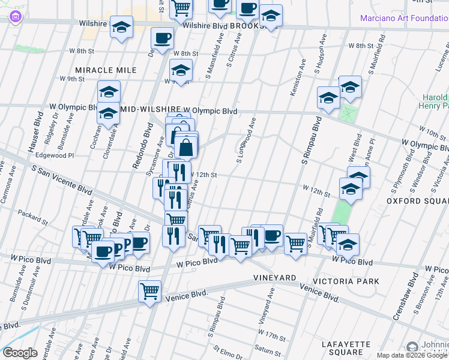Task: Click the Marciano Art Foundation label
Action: (404, 18)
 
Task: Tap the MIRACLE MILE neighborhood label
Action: (106, 70)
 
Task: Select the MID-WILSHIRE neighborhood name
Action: (151, 111)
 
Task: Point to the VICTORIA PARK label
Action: (349, 281)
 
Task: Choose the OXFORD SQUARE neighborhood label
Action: (417, 200)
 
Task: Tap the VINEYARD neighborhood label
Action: (275, 278)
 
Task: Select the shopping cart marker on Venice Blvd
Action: (149, 292)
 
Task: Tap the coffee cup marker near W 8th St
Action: (162, 40)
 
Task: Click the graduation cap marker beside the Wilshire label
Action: (122, 28)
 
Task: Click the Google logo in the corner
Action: (20, 353)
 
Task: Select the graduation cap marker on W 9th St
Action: (180, 71)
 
